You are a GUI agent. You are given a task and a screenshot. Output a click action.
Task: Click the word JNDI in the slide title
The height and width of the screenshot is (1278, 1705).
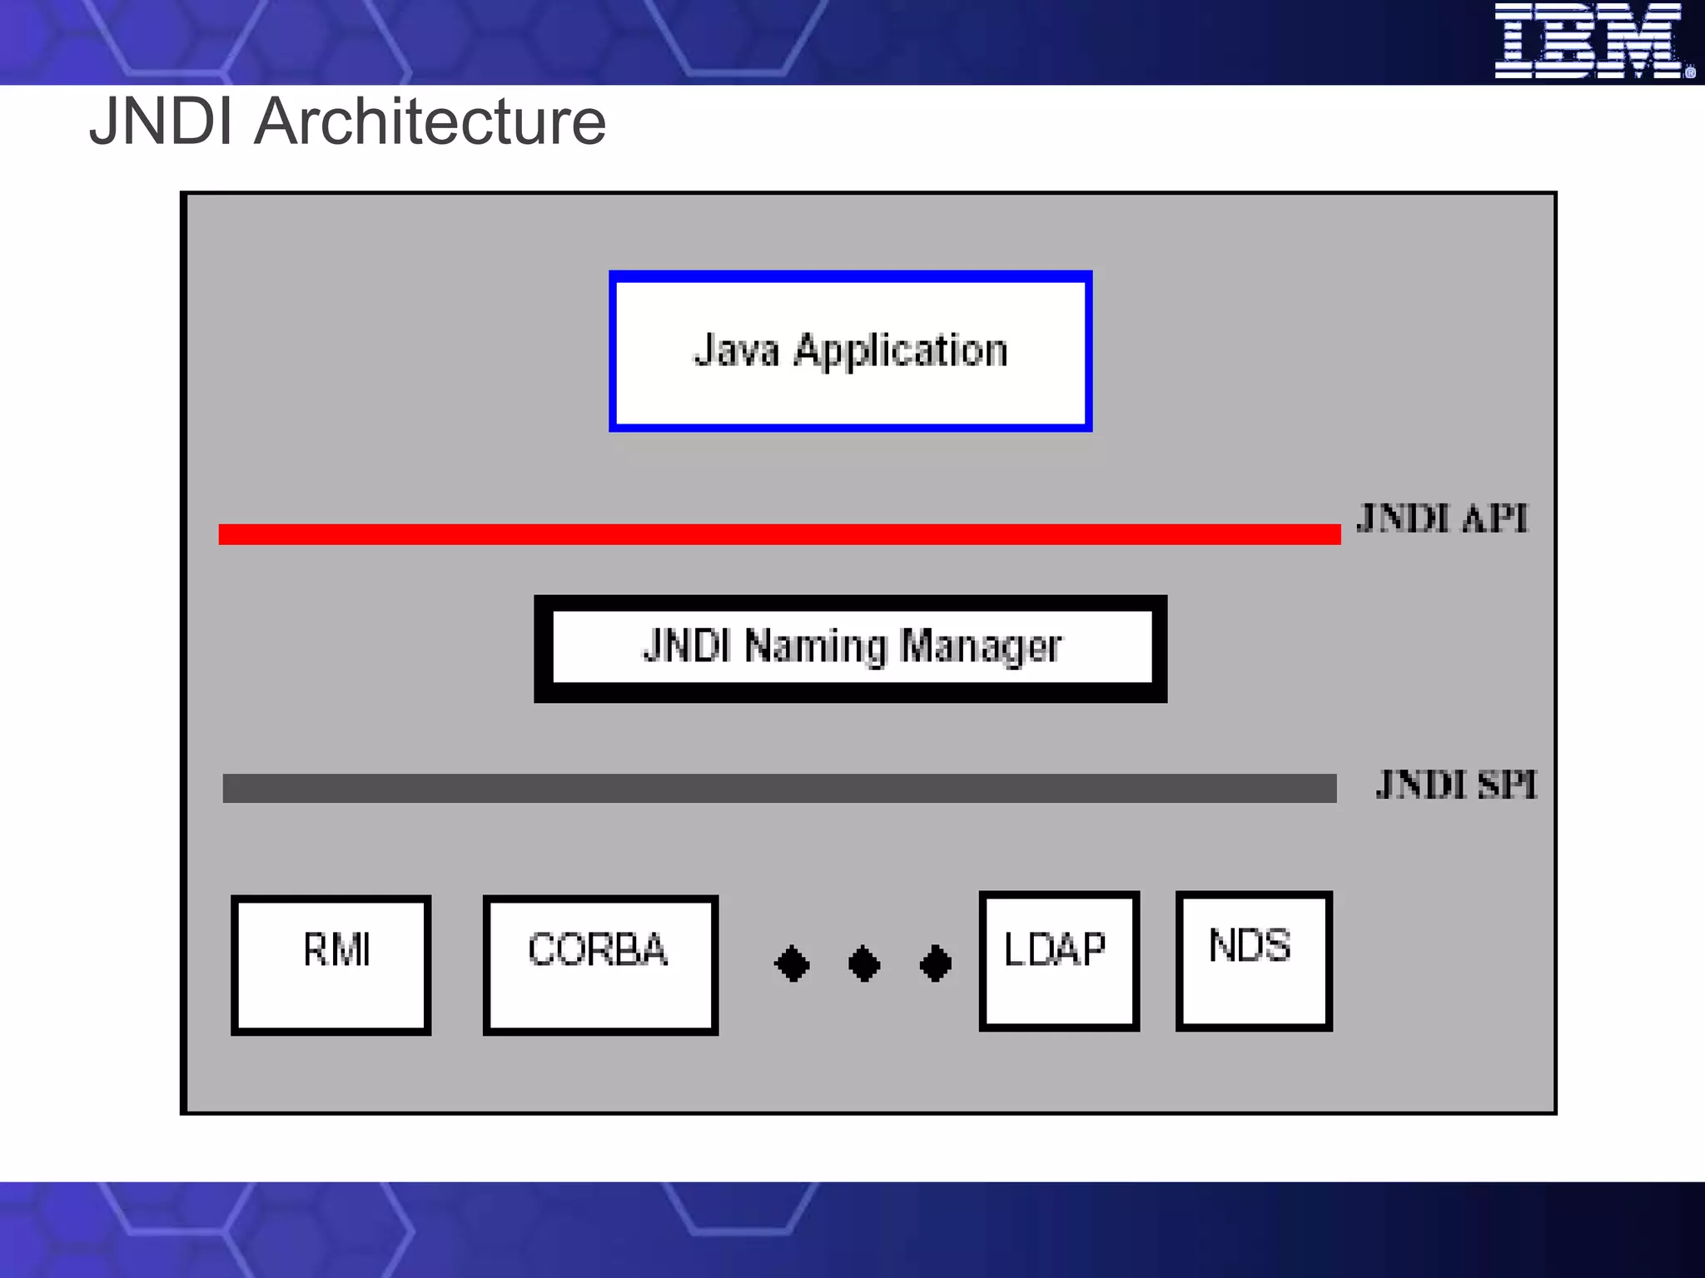(161, 121)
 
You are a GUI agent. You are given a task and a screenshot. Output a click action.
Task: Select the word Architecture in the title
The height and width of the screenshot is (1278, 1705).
(430, 121)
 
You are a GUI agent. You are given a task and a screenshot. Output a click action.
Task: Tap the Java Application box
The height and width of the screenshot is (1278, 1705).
(850, 350)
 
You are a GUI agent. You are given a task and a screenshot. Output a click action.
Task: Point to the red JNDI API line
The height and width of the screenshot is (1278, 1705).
(779, 534)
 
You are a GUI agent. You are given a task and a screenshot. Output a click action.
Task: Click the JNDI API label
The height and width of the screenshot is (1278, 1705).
(1443, 518)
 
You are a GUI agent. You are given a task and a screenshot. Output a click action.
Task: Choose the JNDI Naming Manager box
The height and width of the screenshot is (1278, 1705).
(850, 648)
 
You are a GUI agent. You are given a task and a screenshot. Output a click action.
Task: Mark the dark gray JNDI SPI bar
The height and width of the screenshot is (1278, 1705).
(779, 788)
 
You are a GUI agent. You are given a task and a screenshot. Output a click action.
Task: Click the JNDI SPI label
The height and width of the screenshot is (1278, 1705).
(1456, 785)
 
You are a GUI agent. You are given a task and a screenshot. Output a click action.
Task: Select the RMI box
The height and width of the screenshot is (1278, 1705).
(331, 964)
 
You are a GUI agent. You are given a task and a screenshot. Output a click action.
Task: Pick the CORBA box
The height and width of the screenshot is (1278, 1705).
(600, 964)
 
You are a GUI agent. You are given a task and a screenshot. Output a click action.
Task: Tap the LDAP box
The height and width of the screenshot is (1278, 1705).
(1059, 961)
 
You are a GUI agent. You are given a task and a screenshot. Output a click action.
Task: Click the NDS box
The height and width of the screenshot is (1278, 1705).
(1254, 961)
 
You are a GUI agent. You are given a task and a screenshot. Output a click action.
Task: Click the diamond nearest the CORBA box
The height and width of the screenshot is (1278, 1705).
(792, 963)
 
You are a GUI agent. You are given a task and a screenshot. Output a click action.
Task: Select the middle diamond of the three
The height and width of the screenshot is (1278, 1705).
(864, 963)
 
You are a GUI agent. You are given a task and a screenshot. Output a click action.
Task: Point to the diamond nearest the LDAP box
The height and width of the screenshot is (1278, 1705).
(936, 963)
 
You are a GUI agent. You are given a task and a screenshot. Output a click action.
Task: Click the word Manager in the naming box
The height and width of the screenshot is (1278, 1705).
(982, 646)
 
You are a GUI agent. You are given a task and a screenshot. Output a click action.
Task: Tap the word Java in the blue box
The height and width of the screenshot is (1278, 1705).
(736, 350)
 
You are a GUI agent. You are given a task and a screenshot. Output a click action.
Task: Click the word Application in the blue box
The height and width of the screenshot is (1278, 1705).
(900, 350)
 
